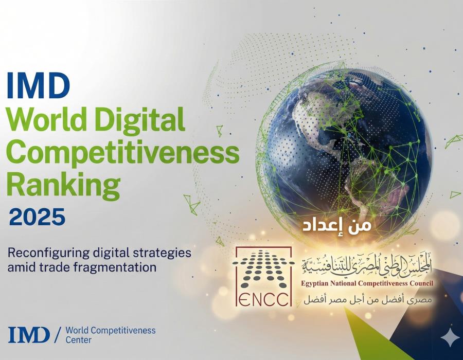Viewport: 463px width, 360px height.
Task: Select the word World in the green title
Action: coord(47,119)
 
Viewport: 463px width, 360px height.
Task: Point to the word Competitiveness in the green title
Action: coord(123,153)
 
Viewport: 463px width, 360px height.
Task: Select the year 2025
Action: coord(37,217)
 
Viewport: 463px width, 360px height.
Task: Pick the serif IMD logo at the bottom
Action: coord(29,335)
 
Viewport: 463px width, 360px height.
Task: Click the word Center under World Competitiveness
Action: coord(78,340)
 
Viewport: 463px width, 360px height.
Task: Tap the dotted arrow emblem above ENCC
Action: coord(263,269)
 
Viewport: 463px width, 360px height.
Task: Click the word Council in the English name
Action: coord(420,283)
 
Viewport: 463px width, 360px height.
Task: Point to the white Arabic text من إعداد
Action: coord(336,225)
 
